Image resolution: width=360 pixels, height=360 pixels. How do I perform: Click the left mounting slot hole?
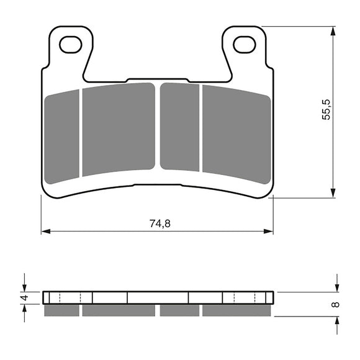[x=71, y=44]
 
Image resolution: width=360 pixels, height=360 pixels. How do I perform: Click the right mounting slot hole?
[x=244, y=44]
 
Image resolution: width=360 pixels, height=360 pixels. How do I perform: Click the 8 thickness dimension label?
[x=336, y=305]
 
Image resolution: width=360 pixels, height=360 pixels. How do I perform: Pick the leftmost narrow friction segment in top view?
[x=63, y=137]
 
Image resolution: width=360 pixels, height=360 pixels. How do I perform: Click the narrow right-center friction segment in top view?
[x=180, y=127]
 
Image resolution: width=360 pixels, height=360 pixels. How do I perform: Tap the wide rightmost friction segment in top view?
[x=236, y=133]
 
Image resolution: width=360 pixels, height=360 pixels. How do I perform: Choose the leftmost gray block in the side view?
[x=62, y=310]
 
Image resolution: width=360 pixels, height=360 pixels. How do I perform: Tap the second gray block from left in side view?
[x=118, y=310]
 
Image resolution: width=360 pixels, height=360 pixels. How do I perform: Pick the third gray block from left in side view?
[x=179, y=310]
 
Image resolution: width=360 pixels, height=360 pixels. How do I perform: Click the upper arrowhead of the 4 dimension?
[x=25, y=287]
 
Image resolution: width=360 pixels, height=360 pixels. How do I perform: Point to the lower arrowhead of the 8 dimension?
[x=336, y=318]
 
